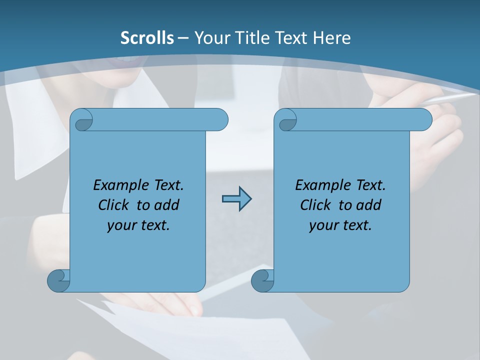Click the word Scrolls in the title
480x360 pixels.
[147, 37]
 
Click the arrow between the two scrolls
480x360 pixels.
[236, 199]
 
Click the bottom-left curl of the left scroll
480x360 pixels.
[58, 281]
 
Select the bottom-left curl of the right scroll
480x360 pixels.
[262, 281]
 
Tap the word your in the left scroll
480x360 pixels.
[120, 225]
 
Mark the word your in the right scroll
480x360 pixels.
[322, 225]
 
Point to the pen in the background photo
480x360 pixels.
[450, 98]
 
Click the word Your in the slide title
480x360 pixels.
[210, 37]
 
